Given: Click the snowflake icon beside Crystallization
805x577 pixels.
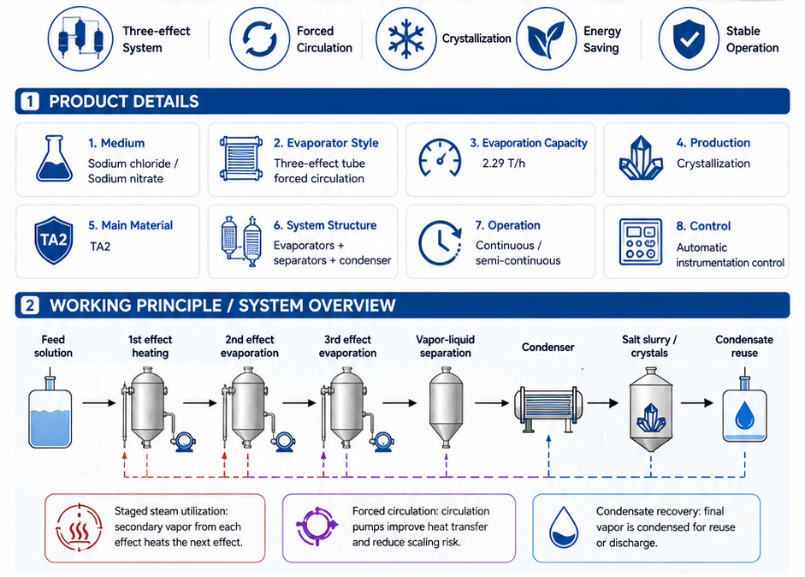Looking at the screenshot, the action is (x=406, y=39).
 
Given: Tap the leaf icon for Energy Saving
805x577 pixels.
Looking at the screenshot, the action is (x=546, y=39).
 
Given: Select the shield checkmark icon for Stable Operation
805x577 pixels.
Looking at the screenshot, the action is (x=689, y=39).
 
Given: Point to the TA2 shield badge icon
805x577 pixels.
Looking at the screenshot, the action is (x=53, y=240).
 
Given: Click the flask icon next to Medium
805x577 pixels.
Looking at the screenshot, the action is (x=54, y=158).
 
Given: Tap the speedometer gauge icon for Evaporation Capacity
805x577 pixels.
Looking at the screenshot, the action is (x=440, y=158).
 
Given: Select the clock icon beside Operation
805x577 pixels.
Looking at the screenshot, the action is (x=440, y=242).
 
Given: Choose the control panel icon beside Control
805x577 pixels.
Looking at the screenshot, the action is (x=640, y=242).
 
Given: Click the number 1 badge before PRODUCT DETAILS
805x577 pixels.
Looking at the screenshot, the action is (x=30, y=101).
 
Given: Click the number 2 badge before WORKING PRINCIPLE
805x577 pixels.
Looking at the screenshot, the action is (x=30, y=306).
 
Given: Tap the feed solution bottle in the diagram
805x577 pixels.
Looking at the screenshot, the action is (x=50, y=412).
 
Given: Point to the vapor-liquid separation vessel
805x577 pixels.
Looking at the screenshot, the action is (x=446, y=407).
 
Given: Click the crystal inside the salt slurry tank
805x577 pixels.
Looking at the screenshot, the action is (x=651, y=418).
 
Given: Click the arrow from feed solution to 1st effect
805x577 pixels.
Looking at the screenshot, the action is (x=99, y=403).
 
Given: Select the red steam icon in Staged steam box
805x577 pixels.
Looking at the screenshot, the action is (x=79, y=527).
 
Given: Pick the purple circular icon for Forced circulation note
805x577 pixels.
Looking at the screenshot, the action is (x=317, y=526).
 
